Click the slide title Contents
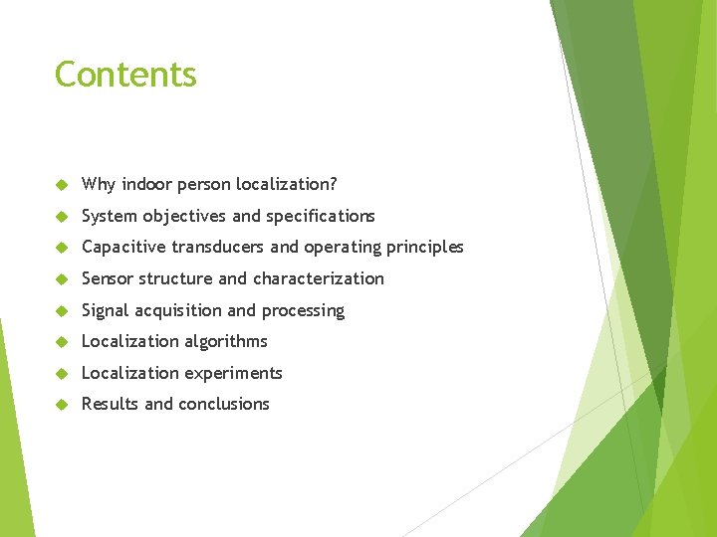click(125, 75)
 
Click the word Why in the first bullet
click(97, 184)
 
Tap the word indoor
click(141, 184)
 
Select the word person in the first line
click(202, 185)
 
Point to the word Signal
click(105, 310)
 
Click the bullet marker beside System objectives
click(61, 217)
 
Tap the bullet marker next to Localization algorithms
click(61, 342)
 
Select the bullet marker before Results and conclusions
click(61, 405)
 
